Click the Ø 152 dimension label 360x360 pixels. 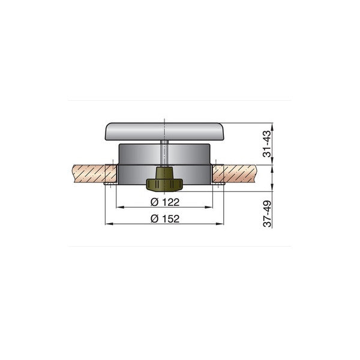(164, 218)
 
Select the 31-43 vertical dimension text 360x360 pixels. (268, 145)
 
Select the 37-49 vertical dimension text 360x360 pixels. (268, 213)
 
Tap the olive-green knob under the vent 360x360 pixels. (164, 178)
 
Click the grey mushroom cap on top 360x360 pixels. (164, 131)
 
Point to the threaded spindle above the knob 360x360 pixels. (164, 154)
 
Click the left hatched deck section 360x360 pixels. (90, 174)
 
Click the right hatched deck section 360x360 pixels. (240, 174)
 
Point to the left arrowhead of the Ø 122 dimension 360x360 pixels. (118, 207)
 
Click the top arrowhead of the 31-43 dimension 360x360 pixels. (272, 125)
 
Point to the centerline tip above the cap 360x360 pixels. (164, 119)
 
